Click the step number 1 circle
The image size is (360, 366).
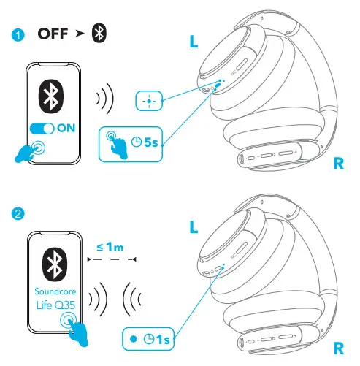(x=18, y=34)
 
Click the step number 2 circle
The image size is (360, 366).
(x=18, y=214)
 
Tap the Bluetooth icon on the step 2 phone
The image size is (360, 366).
(x=53, y=262)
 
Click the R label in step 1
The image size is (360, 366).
(x=337, y=164)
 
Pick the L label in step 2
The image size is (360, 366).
(x=194, y=226)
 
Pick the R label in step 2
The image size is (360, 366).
(x=337, y=349)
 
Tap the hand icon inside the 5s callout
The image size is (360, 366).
(x=115, y=142)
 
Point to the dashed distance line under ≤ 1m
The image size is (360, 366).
(x=111, y=259)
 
